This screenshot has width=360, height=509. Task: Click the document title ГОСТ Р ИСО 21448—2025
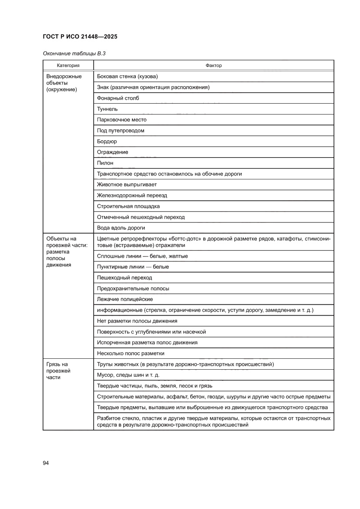[x=80, y=37]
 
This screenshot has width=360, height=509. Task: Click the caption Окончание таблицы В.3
[x=74, y=54]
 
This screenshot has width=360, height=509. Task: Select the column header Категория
[x=68, y=65]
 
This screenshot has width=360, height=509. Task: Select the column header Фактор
[x=213, y=65]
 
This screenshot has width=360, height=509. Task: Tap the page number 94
[x=46, y=463]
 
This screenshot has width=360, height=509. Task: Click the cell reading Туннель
[x=107, y=109]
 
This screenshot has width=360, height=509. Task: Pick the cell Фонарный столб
[x=118, y=98]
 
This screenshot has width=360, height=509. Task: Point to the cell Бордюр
[x=107, y=142]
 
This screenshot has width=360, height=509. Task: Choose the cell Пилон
[x=105, y=163]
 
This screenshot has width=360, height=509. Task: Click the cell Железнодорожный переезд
[x=132, y=196]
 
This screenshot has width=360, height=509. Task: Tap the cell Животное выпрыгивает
[x=127, y=185]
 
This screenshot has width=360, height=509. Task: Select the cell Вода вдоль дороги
[x=121, y=228]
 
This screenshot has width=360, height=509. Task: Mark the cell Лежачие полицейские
[x=125, y=299]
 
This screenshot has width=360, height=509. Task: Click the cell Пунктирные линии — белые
[x=133, y=266]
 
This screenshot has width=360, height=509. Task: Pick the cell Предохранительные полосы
[x=133, y=288]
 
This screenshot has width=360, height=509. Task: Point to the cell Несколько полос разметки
[x=131, y=353]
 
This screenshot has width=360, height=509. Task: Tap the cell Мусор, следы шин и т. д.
[x=128, y=375]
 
